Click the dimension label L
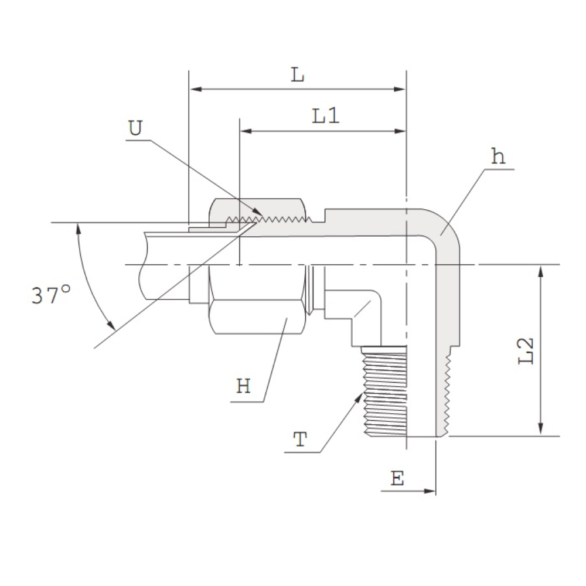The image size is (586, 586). (298, 75)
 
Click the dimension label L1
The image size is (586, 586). (326, 115)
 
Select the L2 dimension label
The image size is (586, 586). (526, 350)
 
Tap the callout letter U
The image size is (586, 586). (135, 128)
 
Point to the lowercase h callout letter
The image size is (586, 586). (498, 156)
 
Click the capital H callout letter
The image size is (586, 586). (243, 386)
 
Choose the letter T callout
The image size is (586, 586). (300, 439)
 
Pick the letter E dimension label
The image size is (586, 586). (397, 478)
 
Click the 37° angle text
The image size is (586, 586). (51, 295)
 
